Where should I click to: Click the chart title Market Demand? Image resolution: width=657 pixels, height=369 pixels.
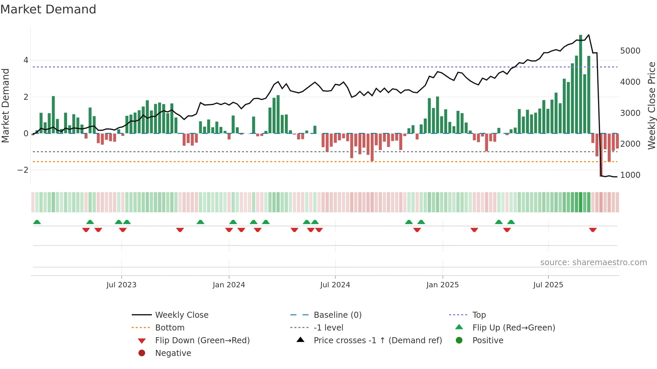click(x=48, y=9)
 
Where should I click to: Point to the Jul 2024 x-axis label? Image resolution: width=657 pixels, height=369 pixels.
click(x=335, y=285)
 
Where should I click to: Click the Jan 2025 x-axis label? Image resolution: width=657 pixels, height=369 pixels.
click(x=442, y=285)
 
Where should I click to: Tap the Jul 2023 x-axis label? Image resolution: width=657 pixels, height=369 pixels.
click(x=121, y=285)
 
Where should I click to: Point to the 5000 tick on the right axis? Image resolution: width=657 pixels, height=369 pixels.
click(x=630, y=51)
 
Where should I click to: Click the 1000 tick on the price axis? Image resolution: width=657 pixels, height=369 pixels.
click(x=630, y=175)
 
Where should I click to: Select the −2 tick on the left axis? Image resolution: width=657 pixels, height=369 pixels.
click(x=23, y=170)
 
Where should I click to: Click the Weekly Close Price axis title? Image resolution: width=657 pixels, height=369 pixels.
click(x=651, y=105)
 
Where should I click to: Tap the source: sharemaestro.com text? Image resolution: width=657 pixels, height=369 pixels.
click(x=593, y=262)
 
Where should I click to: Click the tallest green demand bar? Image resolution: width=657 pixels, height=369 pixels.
click(x=581, y=84)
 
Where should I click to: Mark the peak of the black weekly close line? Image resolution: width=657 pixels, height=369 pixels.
click(x=589, y=35)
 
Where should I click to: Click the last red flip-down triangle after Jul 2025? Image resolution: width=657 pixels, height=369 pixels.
click(x=593, y=230)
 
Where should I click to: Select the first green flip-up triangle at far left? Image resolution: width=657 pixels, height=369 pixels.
click(x=37, y=222)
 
